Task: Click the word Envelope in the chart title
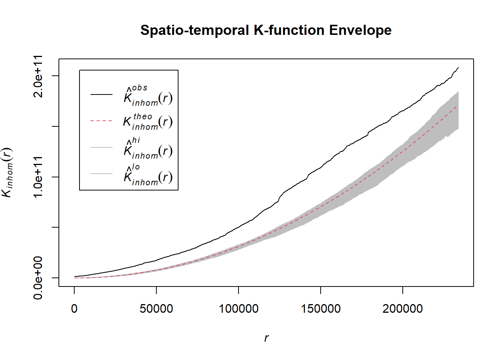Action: click(x=360, y=30)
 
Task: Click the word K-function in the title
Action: click(x=289, y=30)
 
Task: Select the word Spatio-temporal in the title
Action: click(x=195, y=30)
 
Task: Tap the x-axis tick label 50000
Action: click(x=156, y=309)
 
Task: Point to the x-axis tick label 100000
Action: click(x=238, y=309)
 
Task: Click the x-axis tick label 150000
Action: click(x=321, y=309)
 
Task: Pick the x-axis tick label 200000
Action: click(x=403, y=309)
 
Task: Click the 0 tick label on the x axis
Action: click(x=74, y=309)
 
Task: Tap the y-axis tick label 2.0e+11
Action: click(x=38, y=76)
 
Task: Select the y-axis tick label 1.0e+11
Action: click(x=38, y=177)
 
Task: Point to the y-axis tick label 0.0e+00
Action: click(x=38, y=278)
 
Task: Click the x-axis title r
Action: click(x=266, y=338)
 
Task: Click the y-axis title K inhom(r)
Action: click(x=7, y=172)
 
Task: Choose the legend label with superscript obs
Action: click(x=148, y=96)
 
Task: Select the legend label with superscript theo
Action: click(x=148, y=122)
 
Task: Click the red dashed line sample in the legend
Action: click(x=101, y=121)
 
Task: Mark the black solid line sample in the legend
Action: click(x=101, y=94)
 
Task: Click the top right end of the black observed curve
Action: click(x=458, y=68)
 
